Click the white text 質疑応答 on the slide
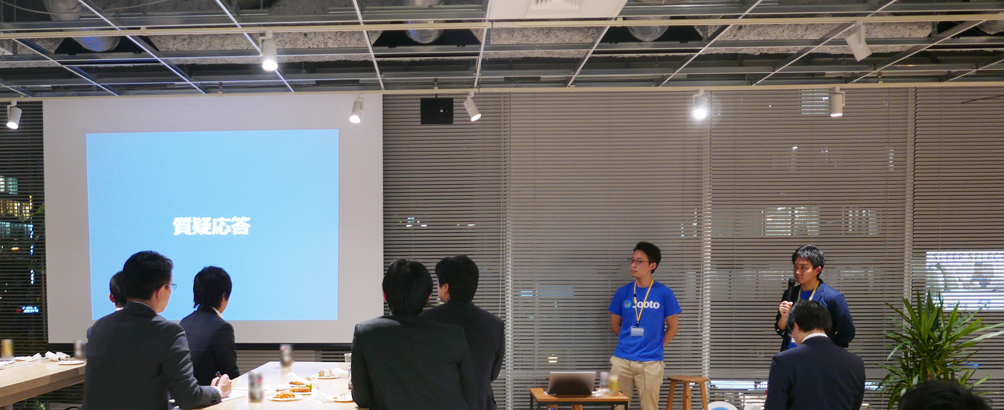coord(212,226)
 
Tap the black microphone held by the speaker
coord(790,289)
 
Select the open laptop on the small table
coord(571,383)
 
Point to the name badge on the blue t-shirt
coord(637,331)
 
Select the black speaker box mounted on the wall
coord(436,111)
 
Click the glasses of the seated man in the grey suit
coord(170,286)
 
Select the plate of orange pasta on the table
coord(284,396)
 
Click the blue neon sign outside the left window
coord(30,310)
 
